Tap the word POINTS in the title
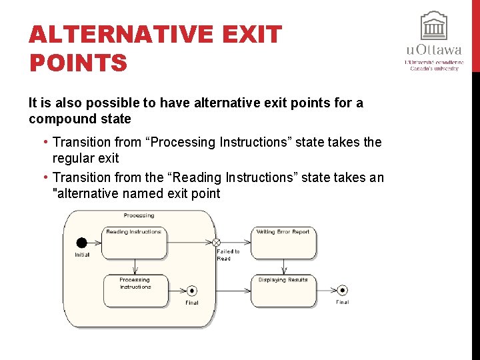pos(78,63)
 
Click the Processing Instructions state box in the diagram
pos(135,291)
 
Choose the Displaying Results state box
pos(283,291)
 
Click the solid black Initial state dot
pos(82,243)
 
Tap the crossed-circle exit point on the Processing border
pos(216,243)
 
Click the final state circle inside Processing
pos(192,291)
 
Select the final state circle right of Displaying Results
pos(342,290)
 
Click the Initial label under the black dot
pos(82,255)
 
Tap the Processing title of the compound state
pos(139,215)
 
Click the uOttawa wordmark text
pos(433,50)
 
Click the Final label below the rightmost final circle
pos(342,302)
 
